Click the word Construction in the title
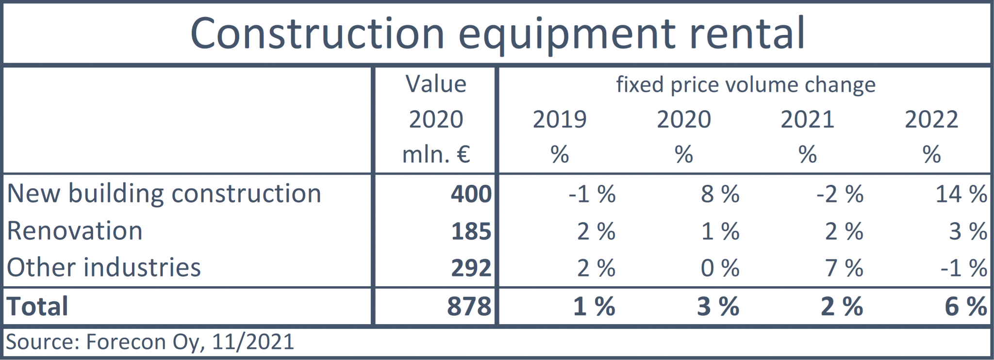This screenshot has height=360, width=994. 317,34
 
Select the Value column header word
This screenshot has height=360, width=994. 436,84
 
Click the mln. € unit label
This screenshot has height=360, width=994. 436,155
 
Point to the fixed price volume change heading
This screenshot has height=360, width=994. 745,85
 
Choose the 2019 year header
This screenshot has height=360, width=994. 560,119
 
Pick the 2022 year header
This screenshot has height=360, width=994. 931,119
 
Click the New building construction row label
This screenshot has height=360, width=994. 164,194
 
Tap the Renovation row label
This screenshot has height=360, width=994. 75,231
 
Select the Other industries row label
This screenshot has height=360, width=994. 104,268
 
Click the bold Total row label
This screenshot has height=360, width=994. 37,307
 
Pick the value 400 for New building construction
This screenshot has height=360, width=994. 471,194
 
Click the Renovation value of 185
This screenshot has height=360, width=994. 471,231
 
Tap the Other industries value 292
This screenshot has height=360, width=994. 471,268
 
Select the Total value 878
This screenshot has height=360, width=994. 469,307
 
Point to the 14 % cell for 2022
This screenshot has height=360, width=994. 961,194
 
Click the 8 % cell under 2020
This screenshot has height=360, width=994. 720,194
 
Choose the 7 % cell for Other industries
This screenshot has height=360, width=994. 844,268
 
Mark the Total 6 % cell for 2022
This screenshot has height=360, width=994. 965,307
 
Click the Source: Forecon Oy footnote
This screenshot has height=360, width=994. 149,342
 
